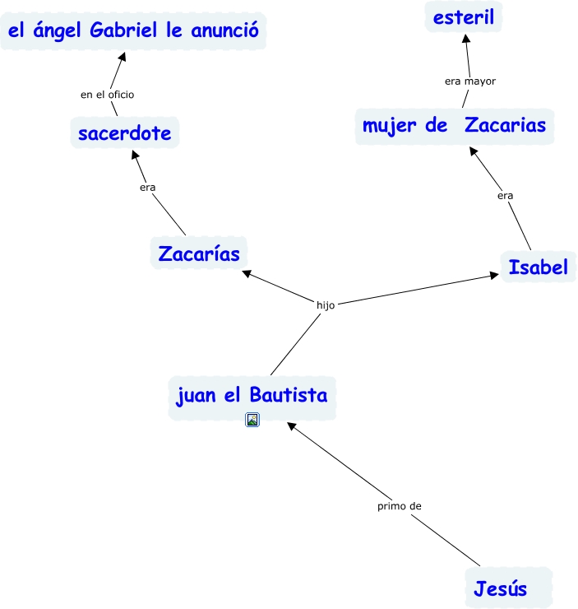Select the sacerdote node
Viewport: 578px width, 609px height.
(125, 133)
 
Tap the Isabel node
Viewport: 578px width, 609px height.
(539, 267)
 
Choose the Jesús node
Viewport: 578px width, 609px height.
(500, 588)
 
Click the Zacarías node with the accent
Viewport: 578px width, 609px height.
(199, 253)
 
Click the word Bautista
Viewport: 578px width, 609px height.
(288, 395)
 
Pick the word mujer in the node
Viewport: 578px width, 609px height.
(394, 126)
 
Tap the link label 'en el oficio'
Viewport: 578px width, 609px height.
(107, 95)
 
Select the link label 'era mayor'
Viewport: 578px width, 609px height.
(470, 81)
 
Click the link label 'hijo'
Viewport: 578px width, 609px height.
(326, 304)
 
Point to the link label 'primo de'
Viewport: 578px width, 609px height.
(400, 506)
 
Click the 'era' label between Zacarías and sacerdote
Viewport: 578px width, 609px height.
(148, 187)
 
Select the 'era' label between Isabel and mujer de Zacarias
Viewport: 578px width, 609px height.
(506, 195)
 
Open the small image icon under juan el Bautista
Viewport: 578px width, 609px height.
(252, 420)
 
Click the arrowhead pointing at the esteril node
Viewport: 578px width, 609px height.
(465, 39)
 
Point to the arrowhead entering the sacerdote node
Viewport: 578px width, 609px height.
(136, 155)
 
